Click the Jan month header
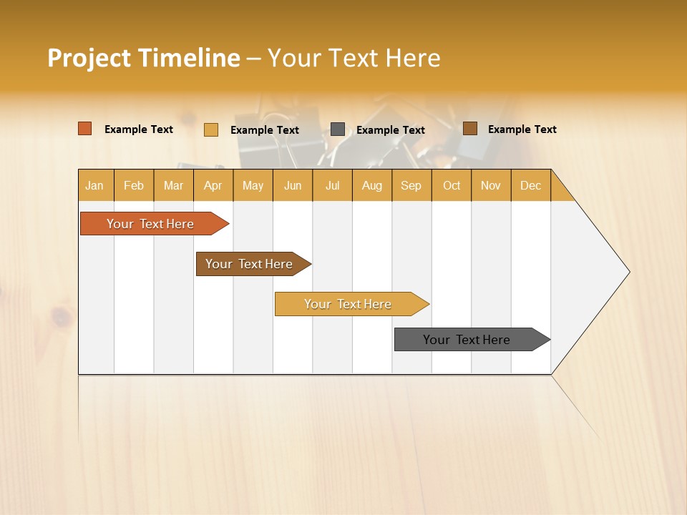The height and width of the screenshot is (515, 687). [x=94, y=185]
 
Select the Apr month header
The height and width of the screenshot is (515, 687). [x=213, y=185]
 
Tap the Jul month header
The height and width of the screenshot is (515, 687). [x=332, y=185]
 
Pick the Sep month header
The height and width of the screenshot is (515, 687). [x=411, y=185]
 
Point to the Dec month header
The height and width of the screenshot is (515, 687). [x=530, y=185]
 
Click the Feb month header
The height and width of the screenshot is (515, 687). [x=134, y=185]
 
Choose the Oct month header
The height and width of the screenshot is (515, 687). [x=452, y=185]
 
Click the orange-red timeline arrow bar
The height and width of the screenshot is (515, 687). [x=150, y=224]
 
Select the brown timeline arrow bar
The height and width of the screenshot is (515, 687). [x=249, y=264]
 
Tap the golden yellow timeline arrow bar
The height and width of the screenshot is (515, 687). [x=348, y=304]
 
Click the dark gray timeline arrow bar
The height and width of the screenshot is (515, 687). [x=467, y=340]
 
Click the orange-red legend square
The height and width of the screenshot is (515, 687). [x=85, y=129]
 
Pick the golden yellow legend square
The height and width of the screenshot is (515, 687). [x=211, y=129]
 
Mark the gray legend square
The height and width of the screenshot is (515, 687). [x=338, y=129]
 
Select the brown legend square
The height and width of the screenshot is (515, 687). [x=470, y=129]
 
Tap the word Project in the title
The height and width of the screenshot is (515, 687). [x=89, y=58]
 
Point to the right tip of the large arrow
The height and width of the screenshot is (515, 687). [x=628, y=272]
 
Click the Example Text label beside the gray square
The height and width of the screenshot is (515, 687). [x=390, y=130]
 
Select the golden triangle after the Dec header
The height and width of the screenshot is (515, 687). [x=560, y=191]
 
